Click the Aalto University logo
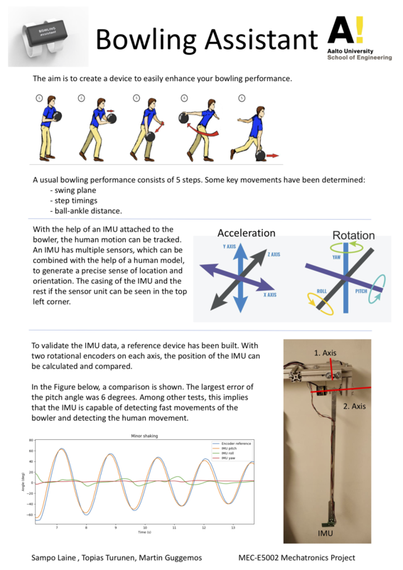pos(360,39)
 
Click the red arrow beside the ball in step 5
pos(272,154)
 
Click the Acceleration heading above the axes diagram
pos(246,233)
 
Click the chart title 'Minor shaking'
pos(142,435)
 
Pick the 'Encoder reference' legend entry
pos(235,443)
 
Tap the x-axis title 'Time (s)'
pos(144,532)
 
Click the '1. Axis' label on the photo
pos(326,353)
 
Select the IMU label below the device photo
pos(323,531)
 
